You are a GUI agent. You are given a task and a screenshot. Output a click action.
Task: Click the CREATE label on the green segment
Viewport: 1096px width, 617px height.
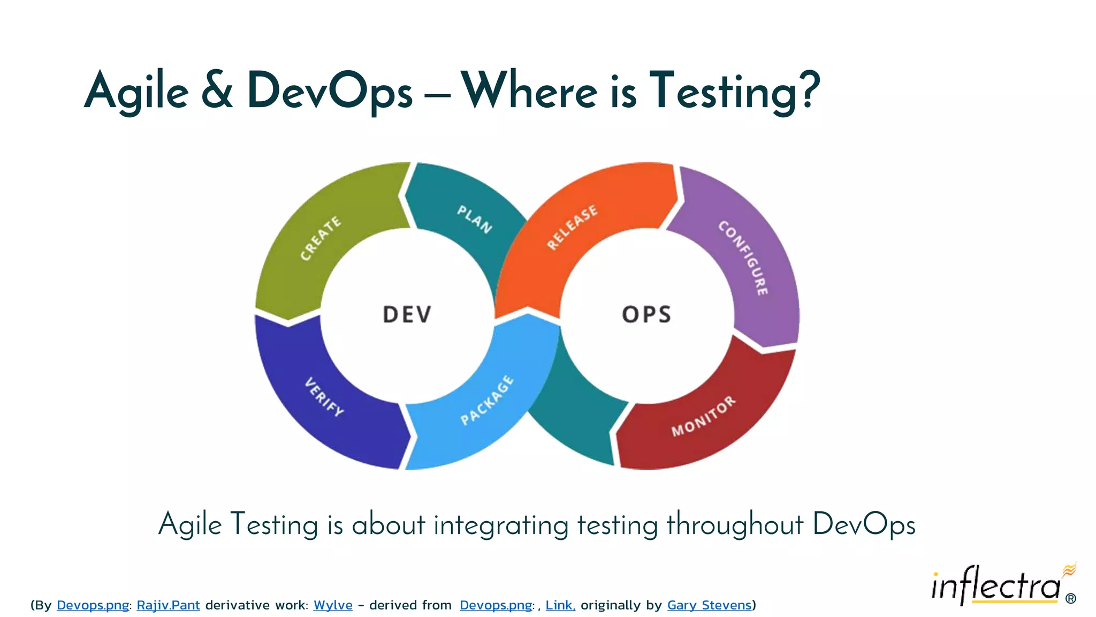click(321, 238)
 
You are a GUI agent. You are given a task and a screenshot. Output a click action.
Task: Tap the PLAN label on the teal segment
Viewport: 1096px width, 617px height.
click(474, 219)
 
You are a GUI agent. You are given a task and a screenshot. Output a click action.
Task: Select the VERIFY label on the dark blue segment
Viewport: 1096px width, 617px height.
click(324, 397)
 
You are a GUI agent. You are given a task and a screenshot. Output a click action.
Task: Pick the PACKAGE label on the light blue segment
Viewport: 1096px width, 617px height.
click(487, 400)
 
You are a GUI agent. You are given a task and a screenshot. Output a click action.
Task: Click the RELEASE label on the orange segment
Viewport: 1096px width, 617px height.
click(572, 227)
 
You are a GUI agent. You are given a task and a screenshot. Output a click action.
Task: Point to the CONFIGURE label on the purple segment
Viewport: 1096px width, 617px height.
click(743, 258)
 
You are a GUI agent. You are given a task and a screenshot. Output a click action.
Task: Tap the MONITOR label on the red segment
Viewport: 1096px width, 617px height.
click(703, 416)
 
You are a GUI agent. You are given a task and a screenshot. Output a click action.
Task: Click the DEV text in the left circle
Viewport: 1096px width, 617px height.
click(407, 314)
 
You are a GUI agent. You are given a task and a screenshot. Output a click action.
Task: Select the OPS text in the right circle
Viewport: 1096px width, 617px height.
click(646, 314)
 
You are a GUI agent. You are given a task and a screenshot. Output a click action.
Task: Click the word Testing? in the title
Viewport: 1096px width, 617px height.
click(734, 91)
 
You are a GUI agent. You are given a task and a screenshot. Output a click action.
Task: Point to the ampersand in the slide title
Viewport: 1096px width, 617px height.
click(217, 91)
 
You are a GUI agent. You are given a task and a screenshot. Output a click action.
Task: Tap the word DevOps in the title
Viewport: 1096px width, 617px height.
click(330, 91)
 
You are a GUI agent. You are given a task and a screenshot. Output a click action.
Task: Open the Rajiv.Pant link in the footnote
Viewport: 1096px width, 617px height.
click(168, 605)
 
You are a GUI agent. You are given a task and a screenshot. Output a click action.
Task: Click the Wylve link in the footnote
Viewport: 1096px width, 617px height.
click(333, 605)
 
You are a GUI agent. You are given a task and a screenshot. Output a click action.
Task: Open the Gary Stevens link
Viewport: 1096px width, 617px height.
click(709, 605)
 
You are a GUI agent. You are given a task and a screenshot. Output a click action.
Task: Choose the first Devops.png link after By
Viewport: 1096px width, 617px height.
click(93, 605)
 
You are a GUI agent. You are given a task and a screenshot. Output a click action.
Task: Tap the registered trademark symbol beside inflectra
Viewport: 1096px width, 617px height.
click(1071, 599)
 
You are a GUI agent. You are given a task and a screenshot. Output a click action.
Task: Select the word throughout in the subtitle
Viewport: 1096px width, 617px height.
click(735, 524)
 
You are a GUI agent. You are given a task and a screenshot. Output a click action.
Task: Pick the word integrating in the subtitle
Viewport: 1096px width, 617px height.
click(501, 525)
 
